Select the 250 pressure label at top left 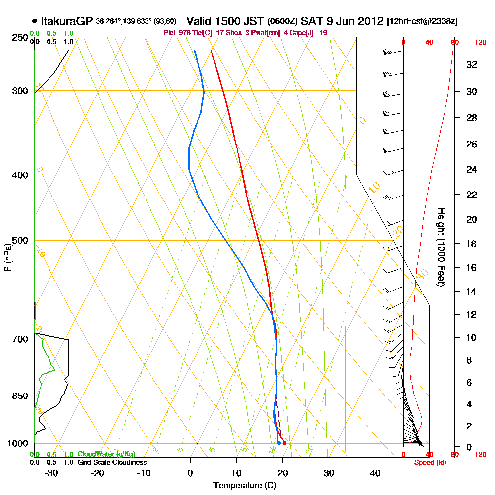20,38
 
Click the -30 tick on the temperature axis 51,473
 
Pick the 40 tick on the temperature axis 375,473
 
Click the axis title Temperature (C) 245,485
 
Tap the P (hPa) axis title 7,257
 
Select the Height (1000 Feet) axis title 440,247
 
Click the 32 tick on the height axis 472,64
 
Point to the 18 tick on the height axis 472,244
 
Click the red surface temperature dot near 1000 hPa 284,443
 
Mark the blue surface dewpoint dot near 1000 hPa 279,443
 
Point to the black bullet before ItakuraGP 34,21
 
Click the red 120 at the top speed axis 480,43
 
